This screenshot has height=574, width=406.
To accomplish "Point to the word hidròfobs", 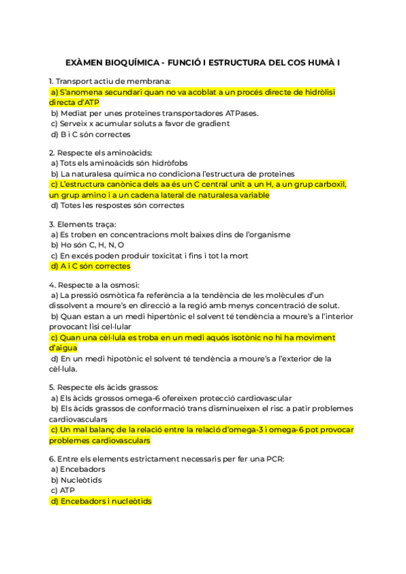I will pyautogui.click(x=165, y=163).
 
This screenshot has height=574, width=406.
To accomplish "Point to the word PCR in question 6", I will pyautogui.click(x=275, y=458).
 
